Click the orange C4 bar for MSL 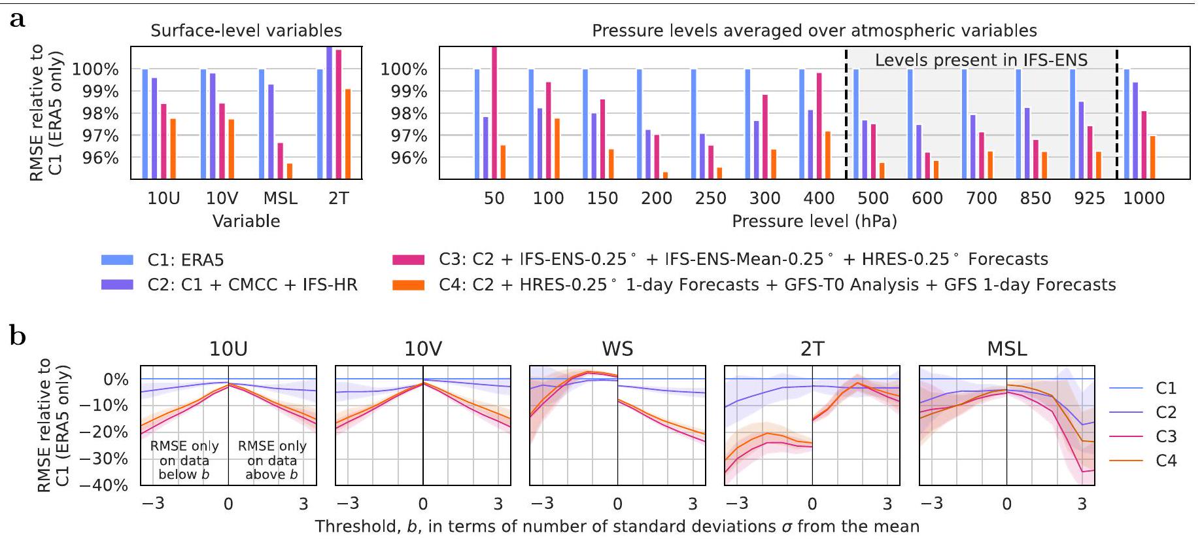[x=290, y=171]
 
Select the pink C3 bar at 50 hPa [x=494, y=111]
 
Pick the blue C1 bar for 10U [x=145, y=124]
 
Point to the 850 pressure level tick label [x=1035, y=198]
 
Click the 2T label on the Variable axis [x=338, y=198]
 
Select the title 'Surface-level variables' [x=246, y=31]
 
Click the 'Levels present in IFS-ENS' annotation [x=981, y=60]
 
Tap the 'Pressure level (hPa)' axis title [x=814, y=221]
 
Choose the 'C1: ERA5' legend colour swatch [x=117, y=260]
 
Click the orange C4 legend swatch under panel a [x=408, y=285]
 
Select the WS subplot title [x=617, y=349]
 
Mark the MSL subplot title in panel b [x=1006, y=349]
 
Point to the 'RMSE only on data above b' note [x=272, y=460]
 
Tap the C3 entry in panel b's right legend [x=1165, y=436]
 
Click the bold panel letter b [x=18, y=336]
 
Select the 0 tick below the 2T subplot [x=812, y=504]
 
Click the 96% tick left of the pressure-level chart [x=409, y=158]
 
